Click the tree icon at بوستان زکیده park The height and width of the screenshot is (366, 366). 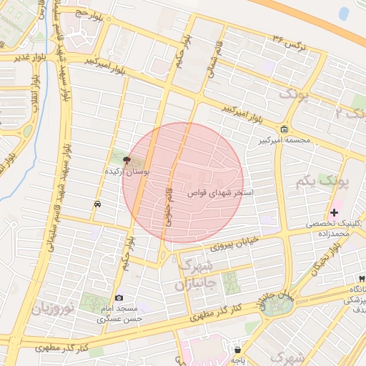coord(127,160)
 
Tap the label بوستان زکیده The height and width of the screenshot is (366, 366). coord(128,172)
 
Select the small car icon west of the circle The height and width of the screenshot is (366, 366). coord(97,204)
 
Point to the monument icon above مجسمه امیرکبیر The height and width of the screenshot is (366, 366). coord(285,129)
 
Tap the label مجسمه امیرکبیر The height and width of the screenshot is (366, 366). coord(285,140)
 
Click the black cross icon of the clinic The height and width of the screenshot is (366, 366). coord(334,212)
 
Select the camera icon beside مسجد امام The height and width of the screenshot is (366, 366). coord(119,297)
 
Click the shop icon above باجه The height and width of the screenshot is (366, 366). coord(237,350)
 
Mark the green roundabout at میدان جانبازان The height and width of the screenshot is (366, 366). coord(275,306)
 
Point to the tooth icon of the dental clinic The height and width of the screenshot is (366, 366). coord(361,278)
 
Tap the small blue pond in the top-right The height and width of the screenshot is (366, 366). coord(345,13)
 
